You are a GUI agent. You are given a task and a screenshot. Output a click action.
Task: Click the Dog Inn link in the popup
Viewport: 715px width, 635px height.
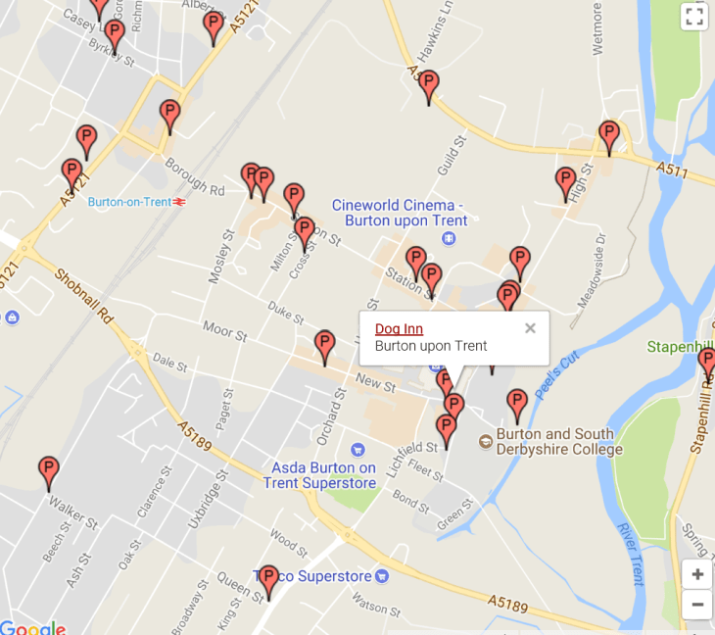(x=399, y=329)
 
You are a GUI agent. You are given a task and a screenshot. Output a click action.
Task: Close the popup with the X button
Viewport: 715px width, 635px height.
(x=530, y=328)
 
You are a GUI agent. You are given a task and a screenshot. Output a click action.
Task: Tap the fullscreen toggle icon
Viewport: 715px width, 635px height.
(x=693, y=17)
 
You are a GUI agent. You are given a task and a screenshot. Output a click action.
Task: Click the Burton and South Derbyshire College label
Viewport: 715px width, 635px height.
(x=559, y=442)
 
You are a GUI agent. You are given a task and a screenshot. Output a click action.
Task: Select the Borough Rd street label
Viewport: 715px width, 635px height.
(x=195, y=175)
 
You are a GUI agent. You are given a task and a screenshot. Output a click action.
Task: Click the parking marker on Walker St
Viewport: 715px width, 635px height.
(x=48, y=472)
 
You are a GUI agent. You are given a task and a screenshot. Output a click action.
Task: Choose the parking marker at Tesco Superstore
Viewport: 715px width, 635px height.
(x=268, y=580)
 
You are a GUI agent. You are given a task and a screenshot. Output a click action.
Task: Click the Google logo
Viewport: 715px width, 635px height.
(x=32, y=627)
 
